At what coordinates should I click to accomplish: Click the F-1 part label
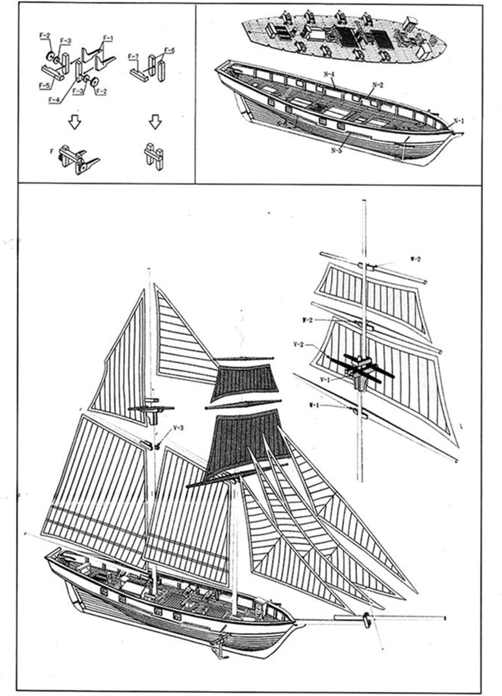pyautogui.click(x=107, y=38)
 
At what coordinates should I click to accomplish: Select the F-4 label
pyautogui.click(x=54, y=99)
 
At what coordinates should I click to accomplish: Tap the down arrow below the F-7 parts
pyautogui.click(x=155, y=122)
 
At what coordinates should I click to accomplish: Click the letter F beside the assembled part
pyautogui.click(x=51, y=151)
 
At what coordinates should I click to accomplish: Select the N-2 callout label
pyautogui.click(x=378, y=85)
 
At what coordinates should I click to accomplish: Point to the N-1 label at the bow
pyautogui.click(x=459, y=121)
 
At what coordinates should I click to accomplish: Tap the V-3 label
pyautogui.click(x=178, y=428)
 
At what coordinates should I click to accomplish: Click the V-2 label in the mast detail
pyautogui.click(x=299, y=344)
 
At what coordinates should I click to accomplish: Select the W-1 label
pyautogui.click(x=314, y=405)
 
